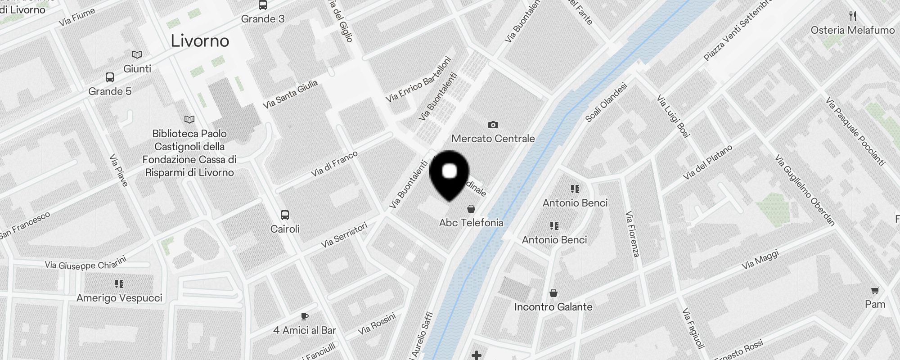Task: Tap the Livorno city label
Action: coord(200,41)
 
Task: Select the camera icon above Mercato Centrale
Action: coord(493,125)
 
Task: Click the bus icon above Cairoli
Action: coord(284,215)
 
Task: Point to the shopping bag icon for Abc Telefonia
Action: coord(471,209)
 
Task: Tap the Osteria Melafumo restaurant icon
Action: coord(852,17)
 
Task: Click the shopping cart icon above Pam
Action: coord(875,290)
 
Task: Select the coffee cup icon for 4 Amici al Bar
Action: coord(304,316)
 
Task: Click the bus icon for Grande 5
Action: coord(109,77)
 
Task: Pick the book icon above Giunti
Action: coord(137,55)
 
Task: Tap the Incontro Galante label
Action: coord(553,307)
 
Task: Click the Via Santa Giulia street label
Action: coord(290,94)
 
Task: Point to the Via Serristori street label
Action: coord(344,235)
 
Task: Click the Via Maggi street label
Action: coord(760,260)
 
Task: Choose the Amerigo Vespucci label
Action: coord(119,298)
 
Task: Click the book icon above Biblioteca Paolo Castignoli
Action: coord(189,120)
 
